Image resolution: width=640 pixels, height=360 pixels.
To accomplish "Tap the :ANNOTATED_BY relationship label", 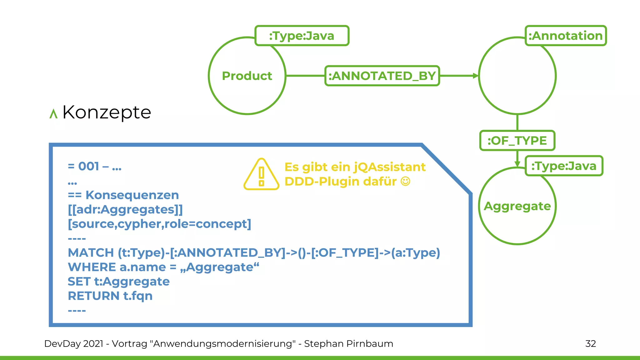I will pos(382,76).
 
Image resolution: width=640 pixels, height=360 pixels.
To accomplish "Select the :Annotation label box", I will pos(565,36).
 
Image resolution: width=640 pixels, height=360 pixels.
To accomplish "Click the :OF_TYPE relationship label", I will pos(517,141).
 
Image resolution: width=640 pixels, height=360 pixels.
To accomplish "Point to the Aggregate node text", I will pos(517,206).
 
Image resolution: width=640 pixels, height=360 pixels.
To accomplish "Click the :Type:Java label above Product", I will pos(302,36).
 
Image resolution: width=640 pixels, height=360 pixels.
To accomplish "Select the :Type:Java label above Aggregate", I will pos(564,166).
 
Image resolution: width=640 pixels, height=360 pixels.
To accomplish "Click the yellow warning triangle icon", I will pos(261,175).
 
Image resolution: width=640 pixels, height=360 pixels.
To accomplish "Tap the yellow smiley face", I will pos(405,181).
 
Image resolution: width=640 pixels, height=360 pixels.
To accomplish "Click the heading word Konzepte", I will pos(107,112).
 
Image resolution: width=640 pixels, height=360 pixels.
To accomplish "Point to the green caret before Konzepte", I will pos(53,114).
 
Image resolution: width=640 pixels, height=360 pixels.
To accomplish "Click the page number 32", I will pos(590,344).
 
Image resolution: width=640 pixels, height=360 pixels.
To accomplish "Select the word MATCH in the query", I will pos(91,252).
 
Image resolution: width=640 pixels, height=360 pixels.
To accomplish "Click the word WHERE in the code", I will pos(92,267).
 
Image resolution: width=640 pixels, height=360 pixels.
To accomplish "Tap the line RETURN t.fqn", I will pos(110,296).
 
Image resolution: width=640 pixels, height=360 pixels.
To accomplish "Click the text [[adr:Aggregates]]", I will pos(125,209).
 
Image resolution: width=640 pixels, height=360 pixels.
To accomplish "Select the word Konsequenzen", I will pos(132,195).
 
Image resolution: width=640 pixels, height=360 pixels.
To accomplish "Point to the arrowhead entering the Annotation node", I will pos(475,76).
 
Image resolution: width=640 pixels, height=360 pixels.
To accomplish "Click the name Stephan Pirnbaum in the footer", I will pos(348,344).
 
